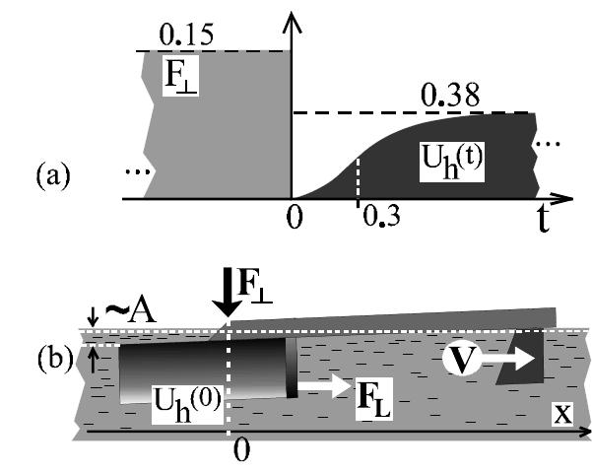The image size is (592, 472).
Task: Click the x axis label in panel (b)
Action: click(561, 414)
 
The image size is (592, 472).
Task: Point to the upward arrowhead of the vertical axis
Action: click(291, 22)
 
